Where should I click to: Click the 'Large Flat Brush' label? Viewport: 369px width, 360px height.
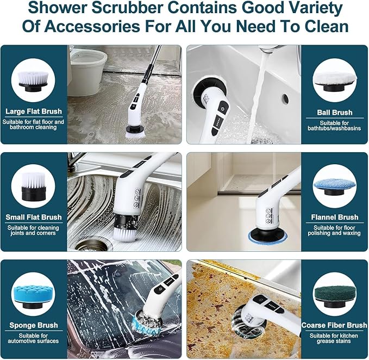tap(34, 111)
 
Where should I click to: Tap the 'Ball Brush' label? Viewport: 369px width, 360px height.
tap(334, 113)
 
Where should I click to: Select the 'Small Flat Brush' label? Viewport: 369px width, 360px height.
tap(34, 217)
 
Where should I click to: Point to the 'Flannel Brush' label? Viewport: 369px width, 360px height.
tap(334, 217)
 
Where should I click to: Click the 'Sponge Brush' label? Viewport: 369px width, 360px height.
tap(34, 325)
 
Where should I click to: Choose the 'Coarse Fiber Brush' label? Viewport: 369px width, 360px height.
tap(334, 325)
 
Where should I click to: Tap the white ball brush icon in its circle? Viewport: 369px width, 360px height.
tap(334, 82)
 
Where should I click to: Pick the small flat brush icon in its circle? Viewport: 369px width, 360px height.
tap(33, 187)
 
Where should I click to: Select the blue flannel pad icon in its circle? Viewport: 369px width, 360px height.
tap(334, 187)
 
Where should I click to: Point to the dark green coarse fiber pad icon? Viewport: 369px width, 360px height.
tap(334, 296)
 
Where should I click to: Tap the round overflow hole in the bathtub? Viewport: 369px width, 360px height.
tap(285, 98)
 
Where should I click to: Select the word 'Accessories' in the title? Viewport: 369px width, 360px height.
tap(92, 26)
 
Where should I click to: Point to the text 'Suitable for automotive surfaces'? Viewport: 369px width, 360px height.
tap(33, 338)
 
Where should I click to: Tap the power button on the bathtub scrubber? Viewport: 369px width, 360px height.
tap(223, 109)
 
